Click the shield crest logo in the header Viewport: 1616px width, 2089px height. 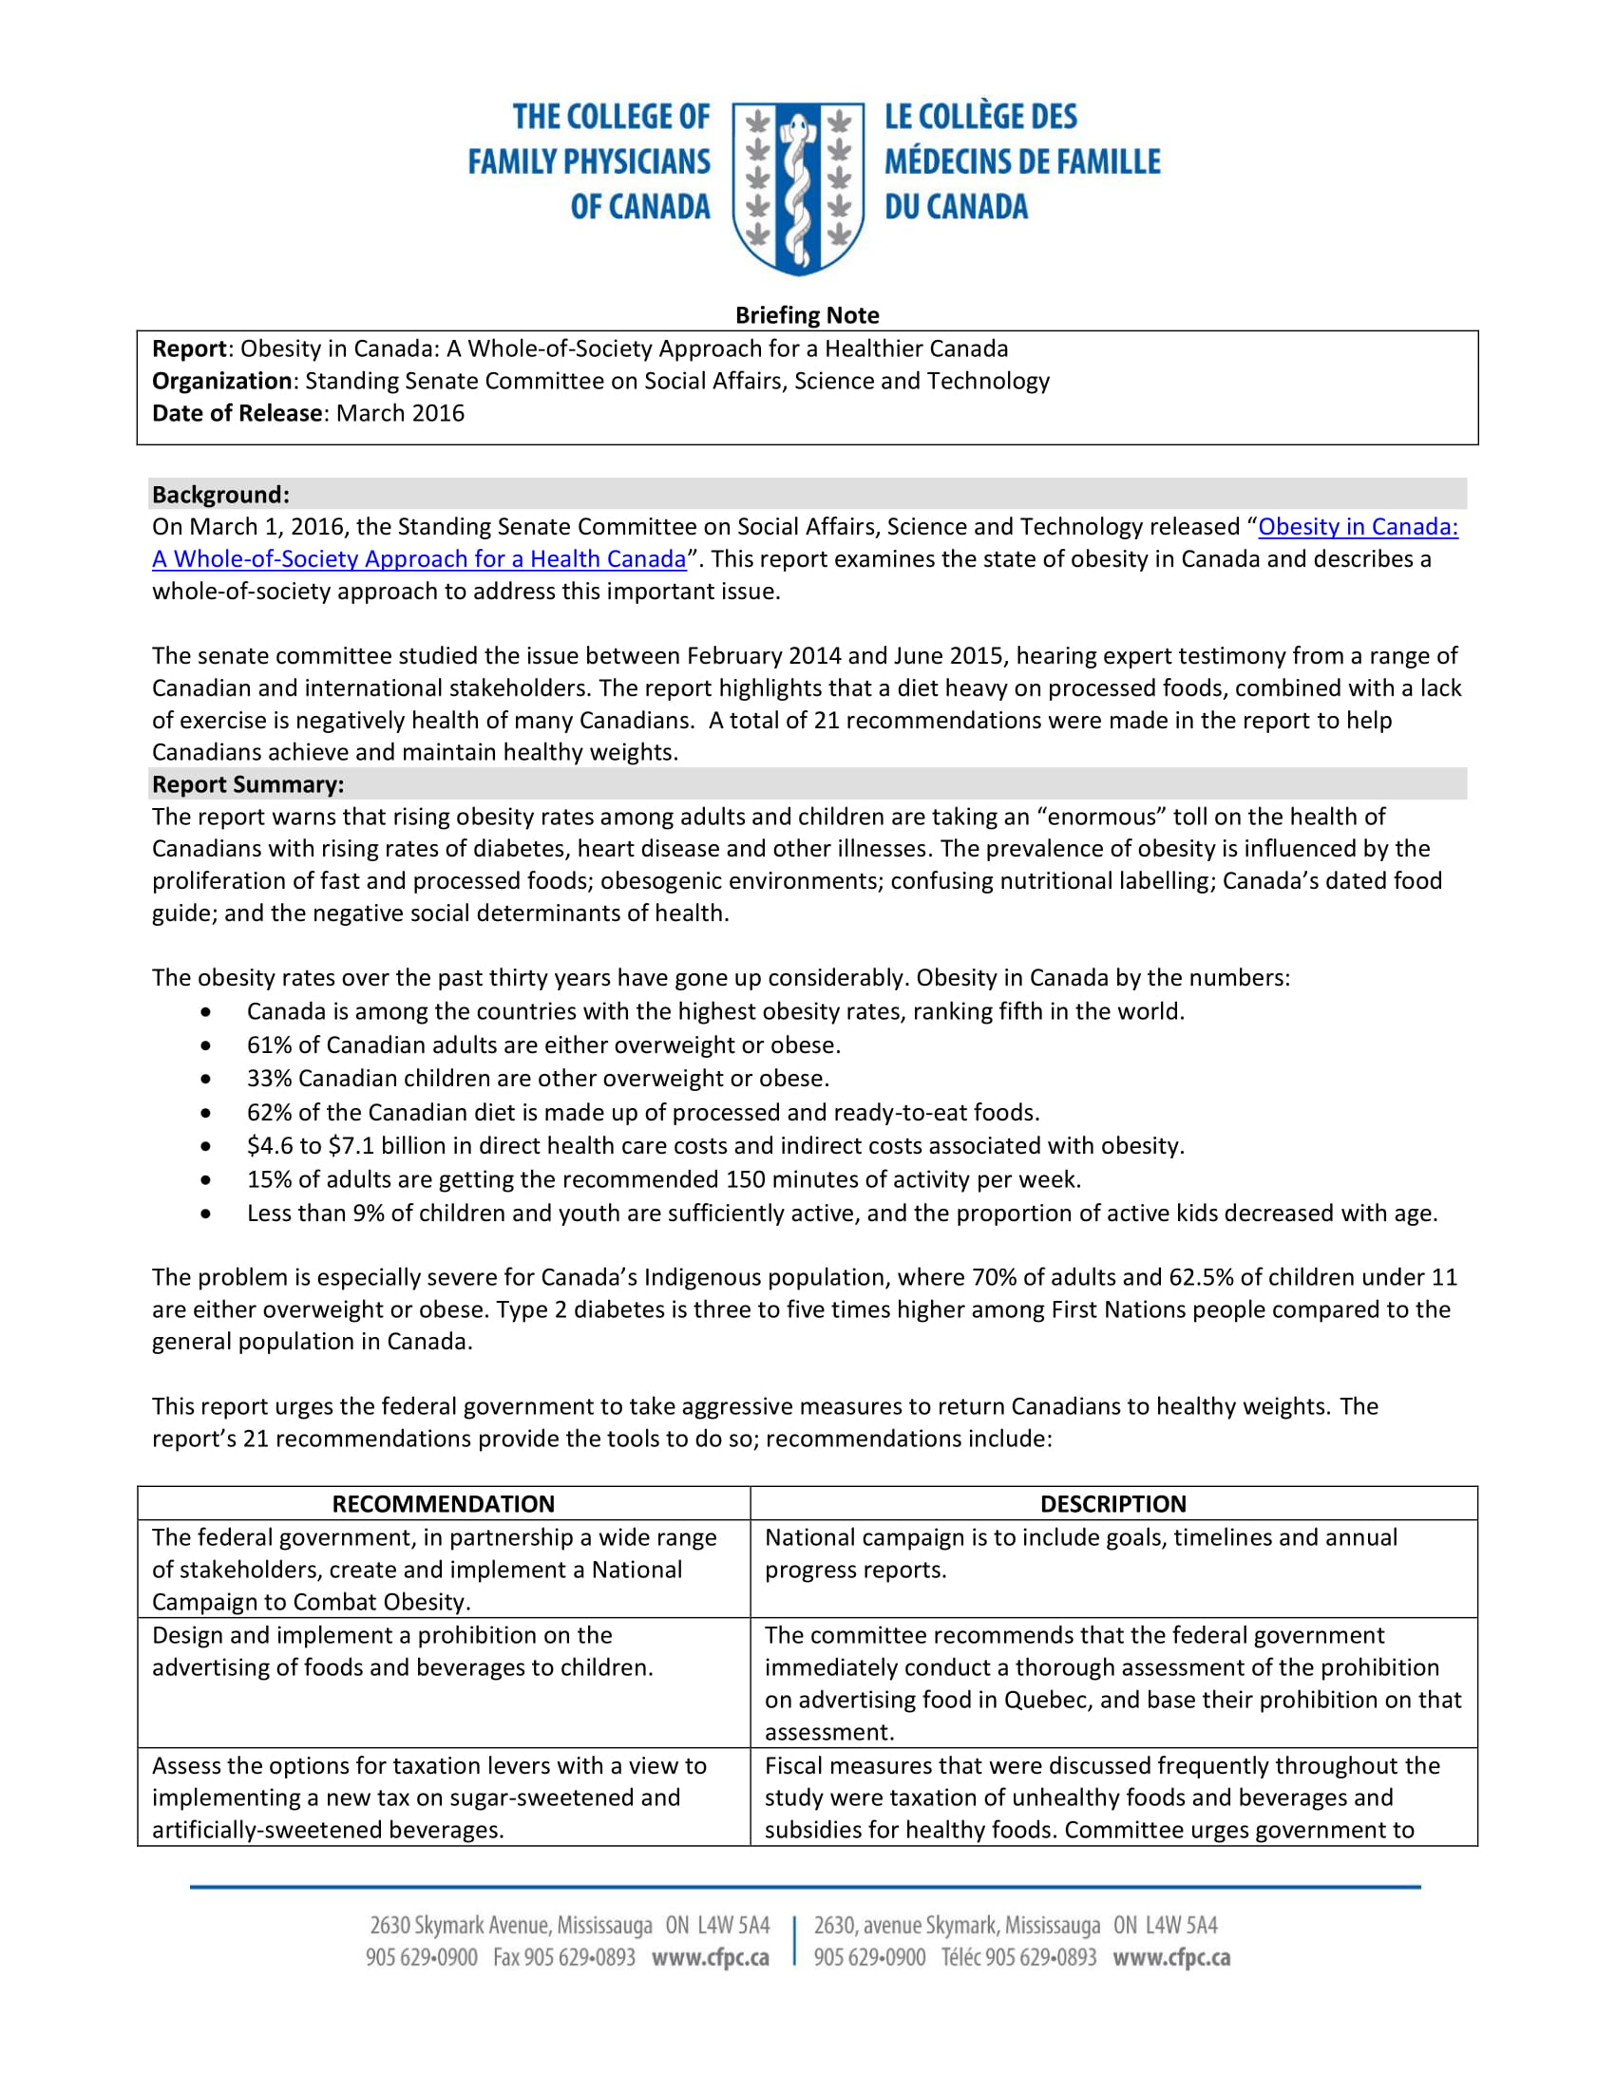(x=798, y=188)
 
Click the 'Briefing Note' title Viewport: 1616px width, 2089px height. (x=807, y=314)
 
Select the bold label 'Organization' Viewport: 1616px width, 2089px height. (x=221, y=381)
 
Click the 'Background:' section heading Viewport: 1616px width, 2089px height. (x=220, y=495)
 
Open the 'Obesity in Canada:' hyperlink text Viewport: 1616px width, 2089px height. (x=1357, y=527)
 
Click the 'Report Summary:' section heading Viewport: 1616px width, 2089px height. (x=247, y=784)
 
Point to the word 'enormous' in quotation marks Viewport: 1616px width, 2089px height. (x=1101, y=817)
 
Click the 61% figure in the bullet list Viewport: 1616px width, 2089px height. (x=268, y=1044)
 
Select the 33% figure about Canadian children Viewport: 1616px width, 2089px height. (x=268, y=1078)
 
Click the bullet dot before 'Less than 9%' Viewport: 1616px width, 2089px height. (x=207, y=1214)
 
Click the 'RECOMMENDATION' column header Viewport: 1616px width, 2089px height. (x=443, y=1504)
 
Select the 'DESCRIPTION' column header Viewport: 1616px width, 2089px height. (x=1112, y=1504)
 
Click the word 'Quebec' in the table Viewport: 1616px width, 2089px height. (x=1047, y=1700)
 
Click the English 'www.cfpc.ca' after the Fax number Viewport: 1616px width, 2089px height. (x=710, y=1958)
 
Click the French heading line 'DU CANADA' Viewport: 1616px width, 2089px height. (x=955, y=207)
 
